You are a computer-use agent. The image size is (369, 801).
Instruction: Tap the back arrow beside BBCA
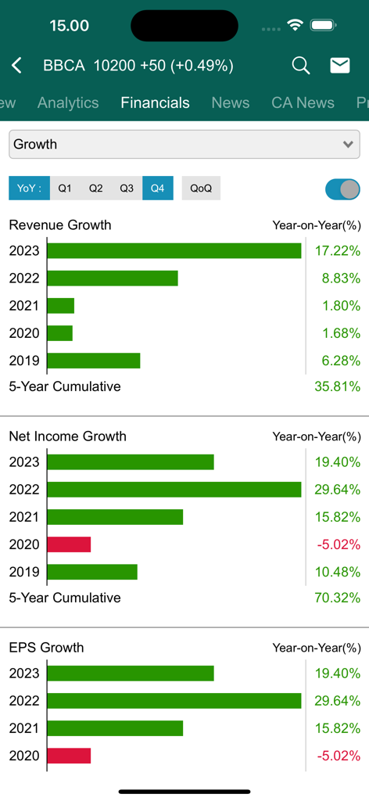pos(17,66)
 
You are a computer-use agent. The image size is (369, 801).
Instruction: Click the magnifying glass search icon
pos(301,66)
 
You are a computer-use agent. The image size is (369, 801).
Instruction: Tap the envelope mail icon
pos(340,66)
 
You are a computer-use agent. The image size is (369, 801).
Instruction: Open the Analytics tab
pos(68,102)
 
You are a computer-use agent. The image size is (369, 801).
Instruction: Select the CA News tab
pos(303,102)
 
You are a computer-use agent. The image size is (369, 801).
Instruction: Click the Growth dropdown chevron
pos(348,144)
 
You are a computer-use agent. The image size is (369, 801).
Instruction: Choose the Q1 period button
pos(65,189)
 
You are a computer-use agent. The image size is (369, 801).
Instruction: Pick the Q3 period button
pos(127,189)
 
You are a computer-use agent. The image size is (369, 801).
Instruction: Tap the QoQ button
pos(201,189)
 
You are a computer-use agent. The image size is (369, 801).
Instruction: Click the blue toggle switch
pos(342,189)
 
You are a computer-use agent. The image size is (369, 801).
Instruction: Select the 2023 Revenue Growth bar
pos(174,250)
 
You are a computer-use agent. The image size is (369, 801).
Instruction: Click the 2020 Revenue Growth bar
pos(60,333)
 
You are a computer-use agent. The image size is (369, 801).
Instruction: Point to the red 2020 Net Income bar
pos(69,544)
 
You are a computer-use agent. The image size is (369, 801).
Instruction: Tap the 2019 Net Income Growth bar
pos(92,572)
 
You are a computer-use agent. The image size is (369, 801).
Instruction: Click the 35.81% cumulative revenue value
pos(337,386)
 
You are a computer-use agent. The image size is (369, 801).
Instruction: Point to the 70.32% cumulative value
pos(337,598)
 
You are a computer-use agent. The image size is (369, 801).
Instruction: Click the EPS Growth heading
pos(46,648)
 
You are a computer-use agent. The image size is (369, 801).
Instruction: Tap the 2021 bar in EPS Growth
pos(115,728)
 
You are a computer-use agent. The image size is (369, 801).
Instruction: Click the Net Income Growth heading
pos(67,436)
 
